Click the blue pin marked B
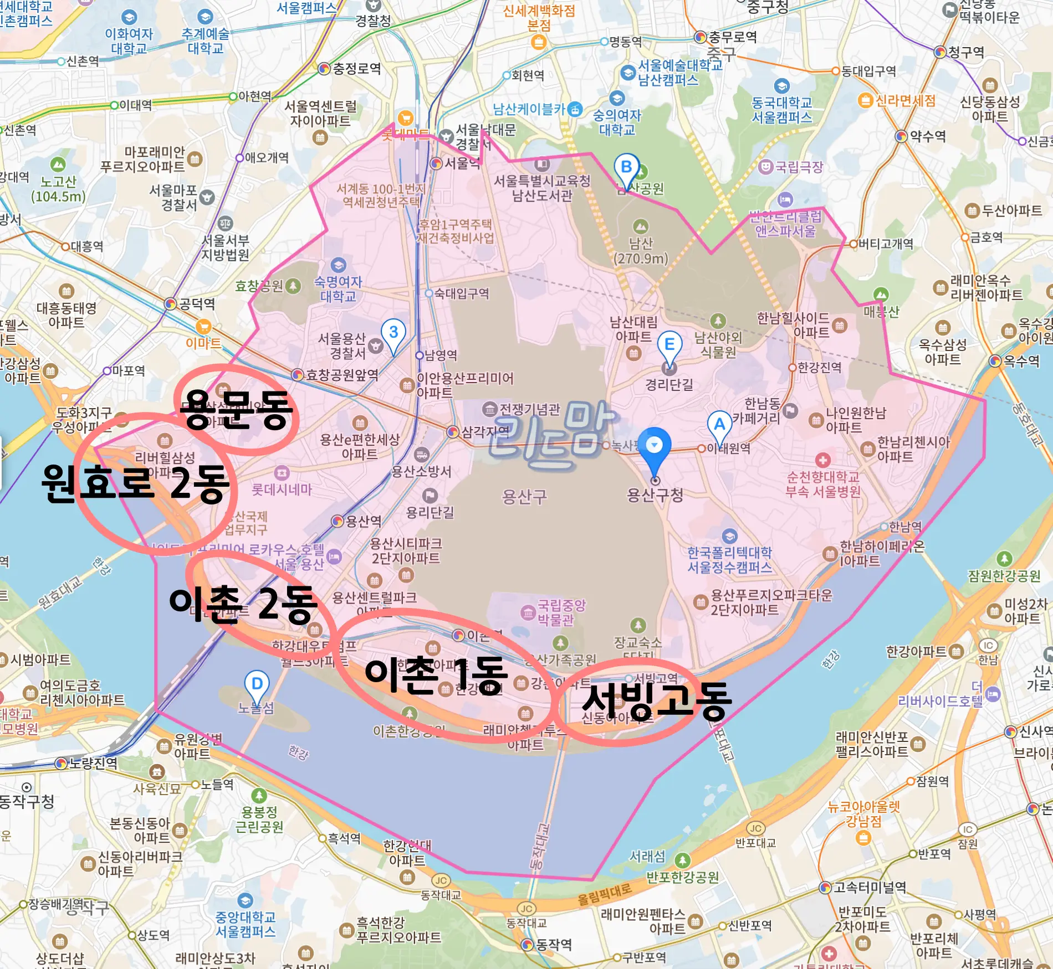(626, 168)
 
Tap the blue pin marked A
(719, 425)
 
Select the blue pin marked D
(257, 685)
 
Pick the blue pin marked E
(669, 345)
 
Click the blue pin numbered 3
(393, 333)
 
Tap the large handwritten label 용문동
(237, 409)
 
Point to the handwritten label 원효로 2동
(135, 483)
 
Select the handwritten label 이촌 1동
(436, 675)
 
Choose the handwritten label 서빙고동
(657, 700)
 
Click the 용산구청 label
(655, 494)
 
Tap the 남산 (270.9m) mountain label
(641, 251)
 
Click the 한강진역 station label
(819, 367)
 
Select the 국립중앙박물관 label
(561, 612)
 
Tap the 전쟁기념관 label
(529, 409)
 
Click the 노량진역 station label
(92, 764)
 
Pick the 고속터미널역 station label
(870, 887)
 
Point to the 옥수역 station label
(1021, 361)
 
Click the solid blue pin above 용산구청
(655, 446)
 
